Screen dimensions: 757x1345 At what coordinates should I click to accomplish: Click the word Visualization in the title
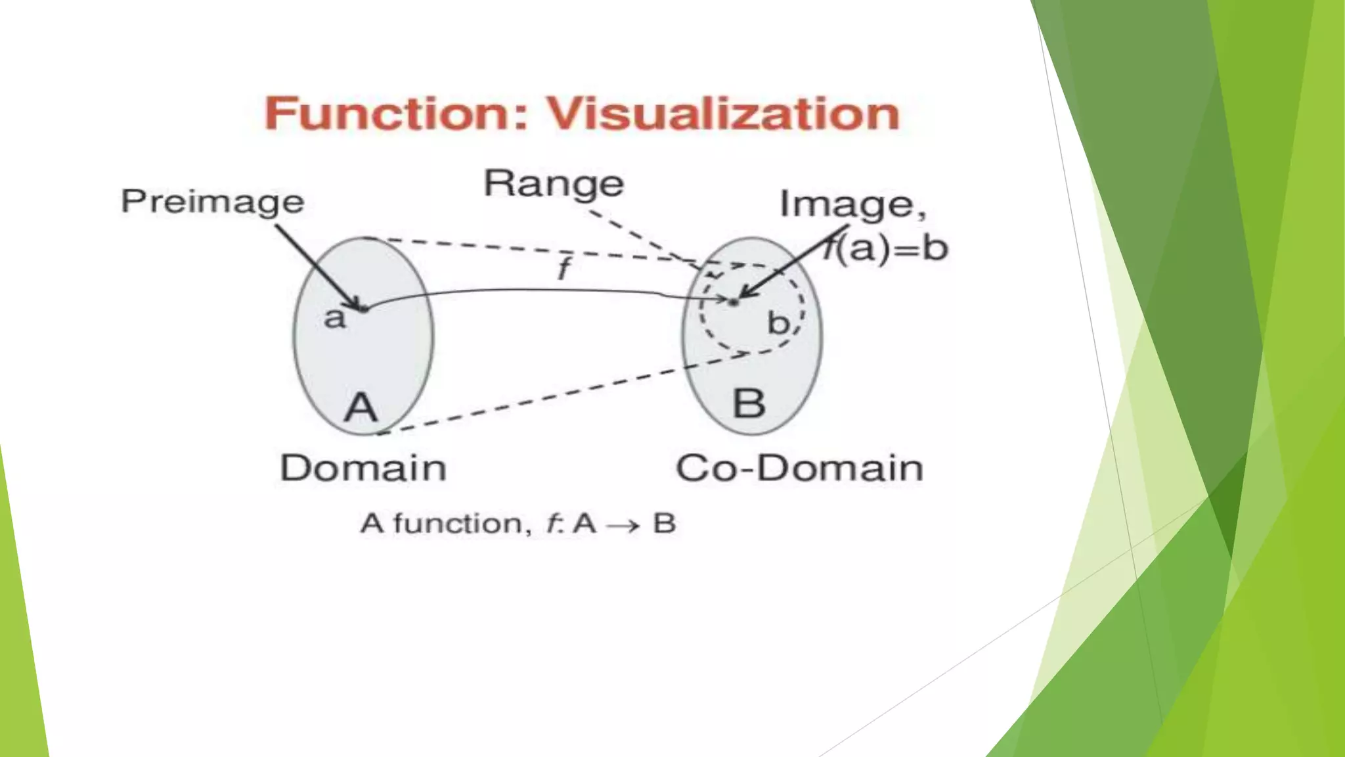point(723,114)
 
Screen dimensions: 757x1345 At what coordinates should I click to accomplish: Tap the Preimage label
point(212,201)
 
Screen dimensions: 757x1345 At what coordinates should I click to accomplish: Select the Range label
point(554,184)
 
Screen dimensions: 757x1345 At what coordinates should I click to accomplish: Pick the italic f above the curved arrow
point(563,269)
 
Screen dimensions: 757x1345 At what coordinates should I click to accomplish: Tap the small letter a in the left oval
point(334,318)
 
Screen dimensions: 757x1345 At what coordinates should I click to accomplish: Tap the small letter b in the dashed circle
point(778,323)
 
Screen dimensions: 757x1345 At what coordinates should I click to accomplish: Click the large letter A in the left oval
point(361,407)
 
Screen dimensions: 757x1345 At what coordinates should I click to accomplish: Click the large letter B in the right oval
point(749,403)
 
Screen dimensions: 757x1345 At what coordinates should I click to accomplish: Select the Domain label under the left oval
point(363,468)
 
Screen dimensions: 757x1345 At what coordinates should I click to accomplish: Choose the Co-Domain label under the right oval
point(799,468)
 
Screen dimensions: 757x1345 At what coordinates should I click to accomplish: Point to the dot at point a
point(363,307)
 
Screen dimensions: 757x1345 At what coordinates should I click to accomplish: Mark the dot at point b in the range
point(734,302)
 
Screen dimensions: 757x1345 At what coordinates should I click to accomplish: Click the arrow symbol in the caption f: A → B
point(623,525)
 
